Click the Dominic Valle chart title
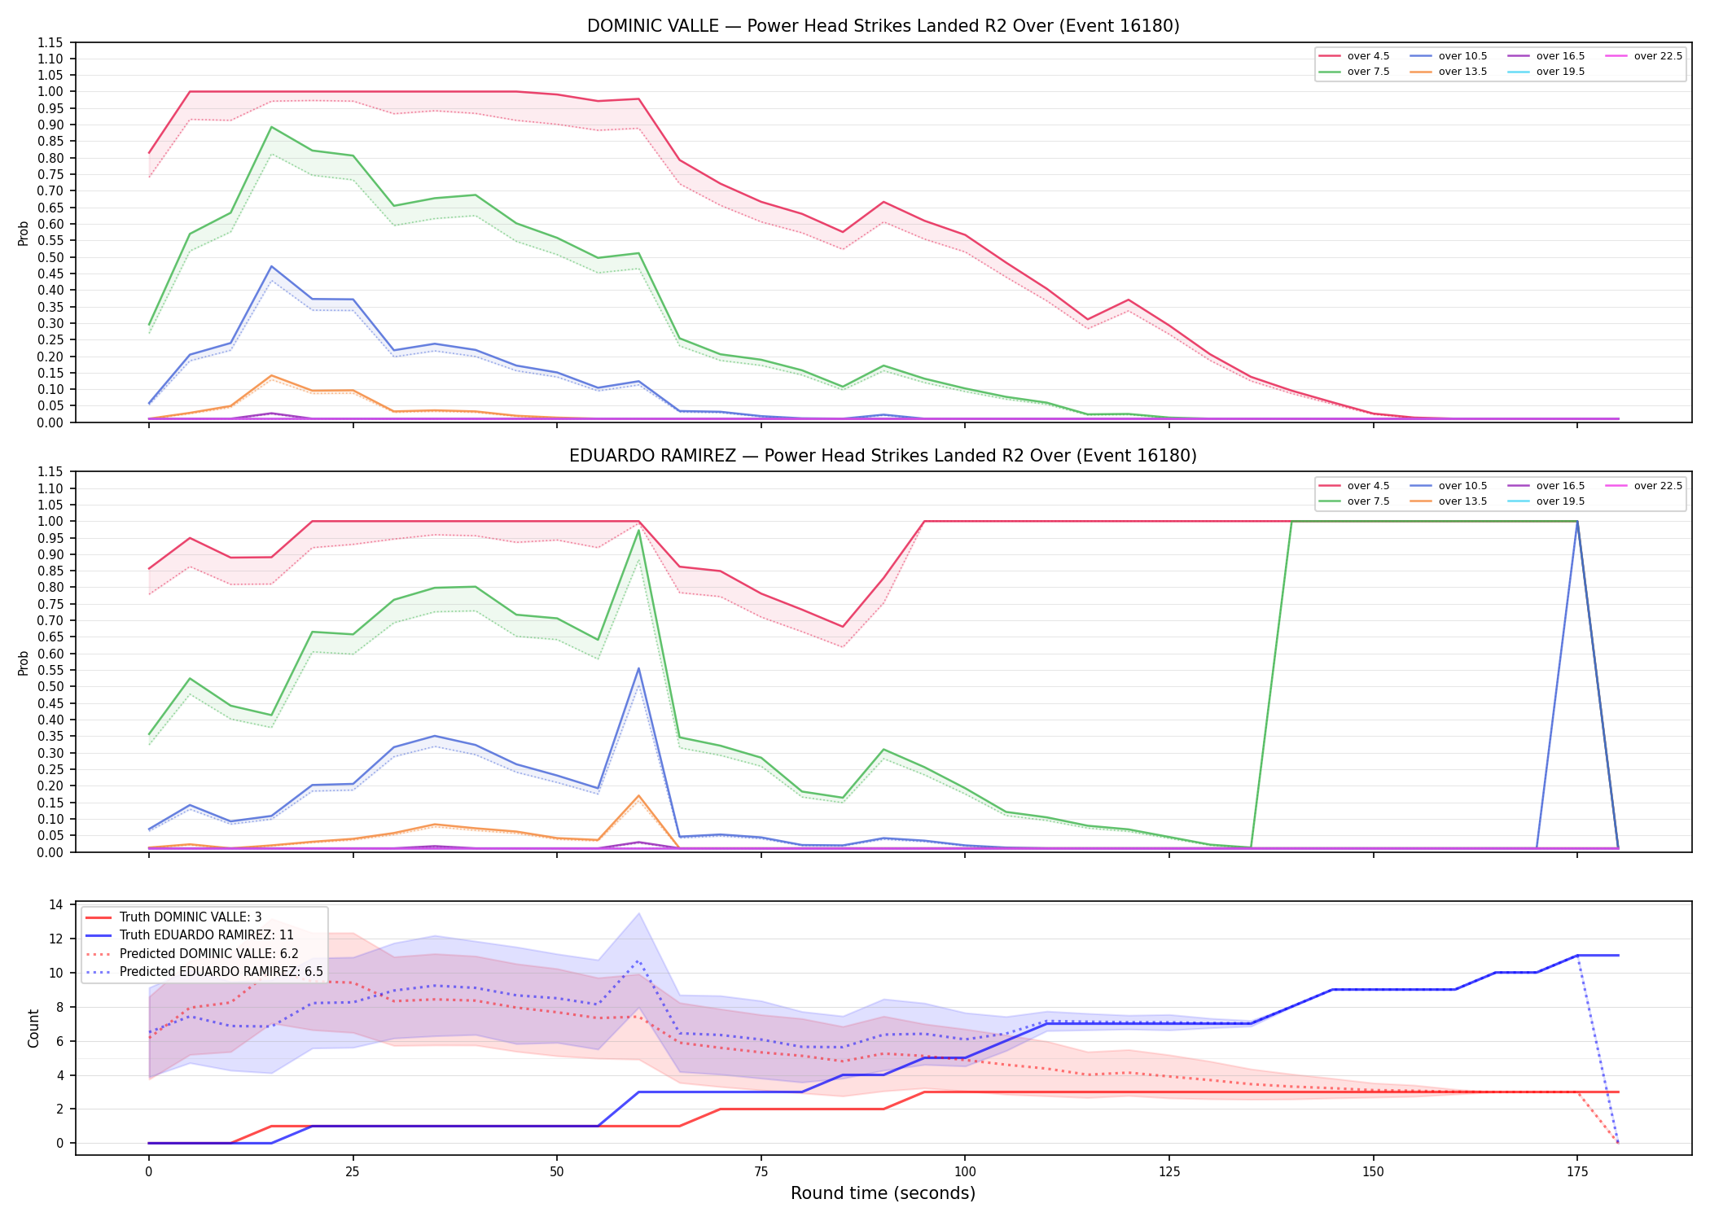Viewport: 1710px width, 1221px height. (883, 26)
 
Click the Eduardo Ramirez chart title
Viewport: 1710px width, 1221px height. (883, 456)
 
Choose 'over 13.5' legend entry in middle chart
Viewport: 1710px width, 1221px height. (1449, 501)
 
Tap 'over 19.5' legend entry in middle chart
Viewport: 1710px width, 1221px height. (1547, 501)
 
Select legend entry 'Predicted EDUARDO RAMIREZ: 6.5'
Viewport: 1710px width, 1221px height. (204, 972)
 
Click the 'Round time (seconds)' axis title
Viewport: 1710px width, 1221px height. (883, 1193)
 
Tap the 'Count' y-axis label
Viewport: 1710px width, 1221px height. (33, 1028)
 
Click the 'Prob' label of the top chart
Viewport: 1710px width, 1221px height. (24, 233)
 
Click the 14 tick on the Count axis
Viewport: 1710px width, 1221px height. (56, 904)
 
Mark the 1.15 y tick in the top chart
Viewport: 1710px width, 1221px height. (50, 42)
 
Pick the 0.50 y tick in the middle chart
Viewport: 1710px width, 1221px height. (50, 686)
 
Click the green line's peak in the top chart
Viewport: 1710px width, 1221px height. (271, 127)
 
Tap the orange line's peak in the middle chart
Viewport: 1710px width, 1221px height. (638, 795)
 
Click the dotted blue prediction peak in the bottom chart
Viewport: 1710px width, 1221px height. (638, 961)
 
